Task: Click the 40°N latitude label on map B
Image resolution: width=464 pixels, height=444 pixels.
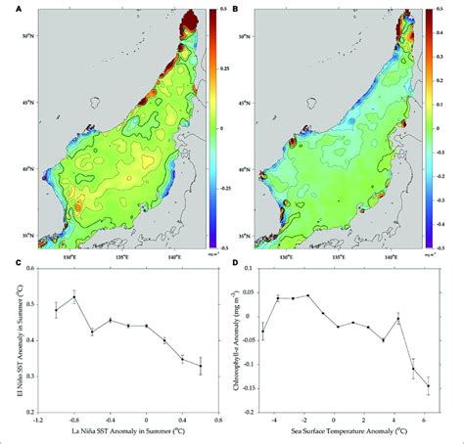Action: [258, 167]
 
